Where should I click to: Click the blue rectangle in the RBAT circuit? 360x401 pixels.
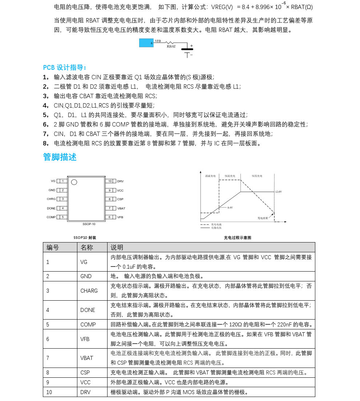click(146, 43)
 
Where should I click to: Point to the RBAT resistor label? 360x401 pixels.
click(171, 47)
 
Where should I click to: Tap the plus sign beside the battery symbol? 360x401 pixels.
click(191, 45)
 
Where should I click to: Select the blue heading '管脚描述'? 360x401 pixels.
click(60, 157)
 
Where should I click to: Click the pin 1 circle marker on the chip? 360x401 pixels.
click(74, 182)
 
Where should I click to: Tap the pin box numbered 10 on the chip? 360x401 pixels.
click(110, 181)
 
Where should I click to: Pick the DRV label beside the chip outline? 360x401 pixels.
click(120, 181)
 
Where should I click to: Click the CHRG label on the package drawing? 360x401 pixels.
click(51, 199)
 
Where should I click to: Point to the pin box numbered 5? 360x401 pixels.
click(63, 217)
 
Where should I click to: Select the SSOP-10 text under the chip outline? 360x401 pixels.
click(89, 224)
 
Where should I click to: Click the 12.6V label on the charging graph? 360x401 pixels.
click(278, 191)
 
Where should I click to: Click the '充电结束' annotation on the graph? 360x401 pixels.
click(263, 218)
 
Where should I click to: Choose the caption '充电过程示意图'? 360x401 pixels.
click(237, 237)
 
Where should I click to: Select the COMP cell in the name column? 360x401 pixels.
click(88, 325)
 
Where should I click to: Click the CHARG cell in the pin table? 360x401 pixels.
click(89, 291)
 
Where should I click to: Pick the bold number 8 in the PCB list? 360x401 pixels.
click(45, 143)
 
